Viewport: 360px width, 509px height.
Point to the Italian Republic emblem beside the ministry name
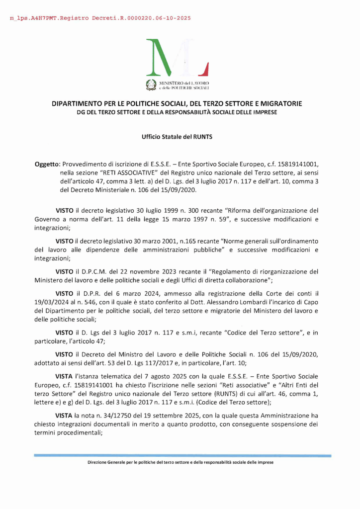pyautogui.click(x=150, y=85)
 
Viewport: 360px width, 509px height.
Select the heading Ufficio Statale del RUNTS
pyautogui.click(x=180, y=136)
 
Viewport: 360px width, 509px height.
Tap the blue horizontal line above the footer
pyautogui.click(x=182, y=455)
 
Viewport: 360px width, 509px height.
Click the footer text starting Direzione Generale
pyautogui.click(x=180, y=462)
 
